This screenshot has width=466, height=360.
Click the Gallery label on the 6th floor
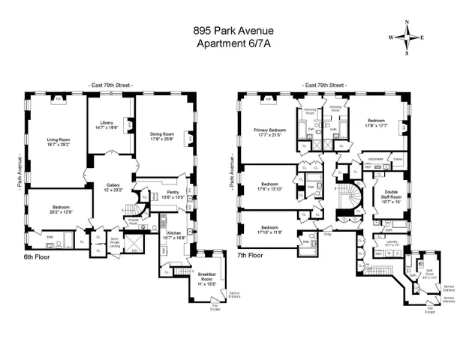tap(113, 187)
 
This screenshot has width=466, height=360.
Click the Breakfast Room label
tap(206, 282)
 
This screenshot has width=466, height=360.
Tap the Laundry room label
tap(383, 241)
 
